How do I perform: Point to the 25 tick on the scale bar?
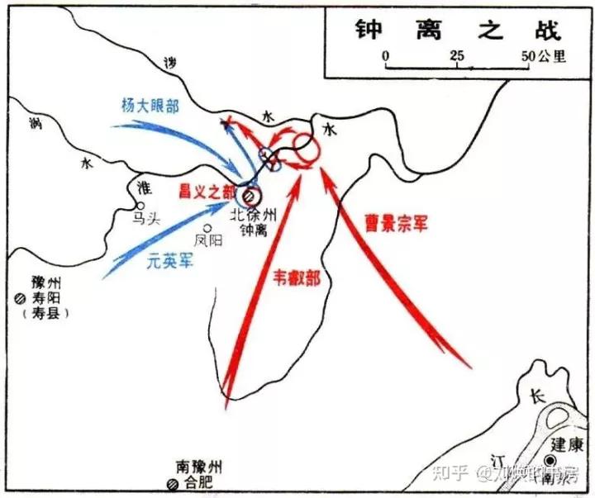456,57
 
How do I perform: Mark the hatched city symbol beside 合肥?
172,484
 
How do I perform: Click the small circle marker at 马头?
140,206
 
